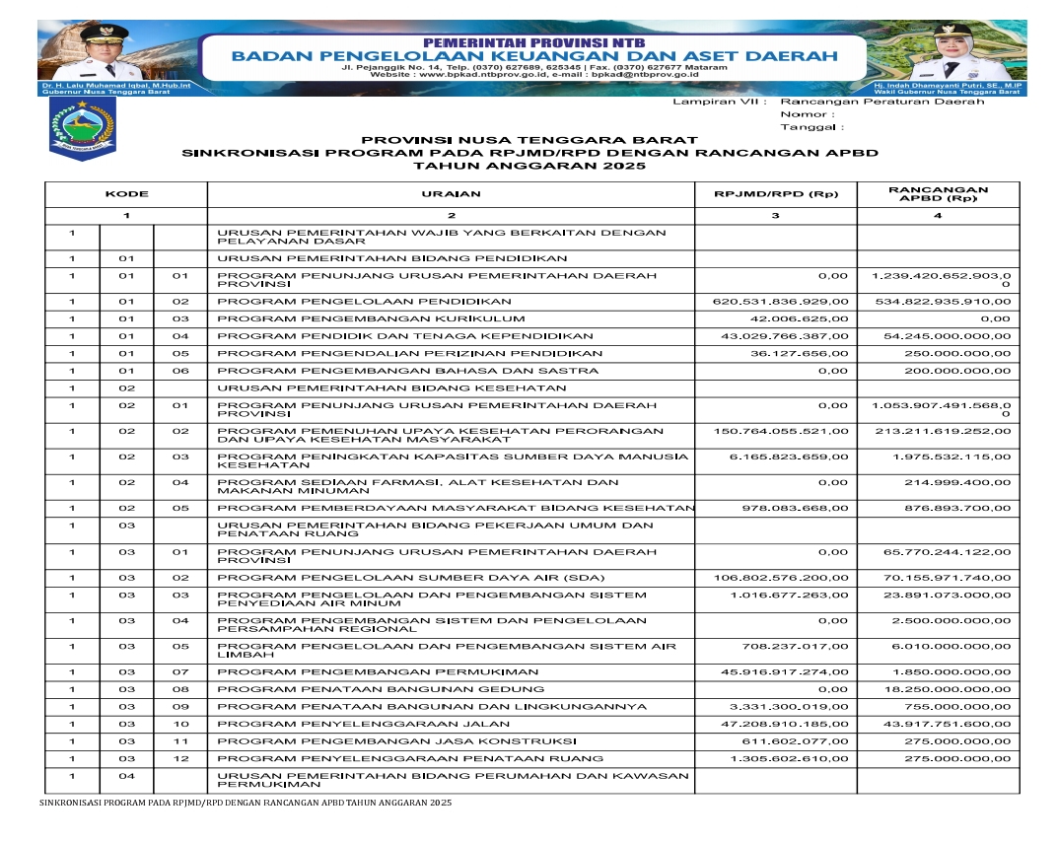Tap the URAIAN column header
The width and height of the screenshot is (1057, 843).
pos(451,194)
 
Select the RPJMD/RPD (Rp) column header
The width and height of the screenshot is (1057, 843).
pos(775,194)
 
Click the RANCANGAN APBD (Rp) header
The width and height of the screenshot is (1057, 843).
pos(938,194)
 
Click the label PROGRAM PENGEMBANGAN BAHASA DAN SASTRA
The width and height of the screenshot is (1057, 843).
pos(407,371)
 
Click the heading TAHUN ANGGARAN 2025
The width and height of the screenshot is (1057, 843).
pos(528,167)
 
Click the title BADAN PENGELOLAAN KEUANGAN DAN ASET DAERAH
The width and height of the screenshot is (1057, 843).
pos(533,55)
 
